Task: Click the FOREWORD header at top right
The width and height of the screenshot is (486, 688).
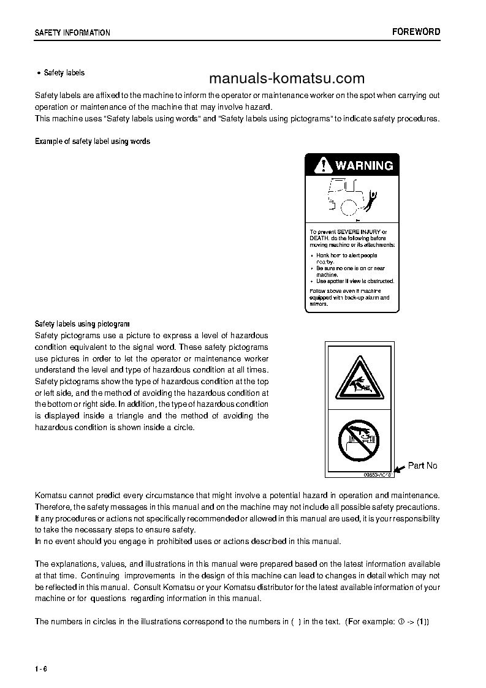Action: coord(416,32)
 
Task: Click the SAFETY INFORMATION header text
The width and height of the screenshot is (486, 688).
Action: coord(72,33)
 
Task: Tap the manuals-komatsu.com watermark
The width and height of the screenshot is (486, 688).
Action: coord(286,78)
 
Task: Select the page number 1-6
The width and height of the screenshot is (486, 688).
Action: coord(41,668)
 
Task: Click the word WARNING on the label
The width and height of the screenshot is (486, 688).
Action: coord(364,165)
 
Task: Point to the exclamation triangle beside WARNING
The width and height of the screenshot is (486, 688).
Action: coord(321,165)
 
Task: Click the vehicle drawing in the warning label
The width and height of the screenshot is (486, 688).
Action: coord(346,196)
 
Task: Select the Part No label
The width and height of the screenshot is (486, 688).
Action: coord(422,466)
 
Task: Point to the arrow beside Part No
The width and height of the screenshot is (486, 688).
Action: coord(398,469)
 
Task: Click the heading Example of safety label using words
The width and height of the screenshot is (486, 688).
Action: coord(92,142)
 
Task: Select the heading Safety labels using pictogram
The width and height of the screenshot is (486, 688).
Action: coord(82,323)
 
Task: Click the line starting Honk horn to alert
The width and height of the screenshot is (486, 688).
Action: coord(346,255)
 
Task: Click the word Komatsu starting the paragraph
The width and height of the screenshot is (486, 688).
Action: coord(51,495)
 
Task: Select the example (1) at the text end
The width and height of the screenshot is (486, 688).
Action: coord(422,621)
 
